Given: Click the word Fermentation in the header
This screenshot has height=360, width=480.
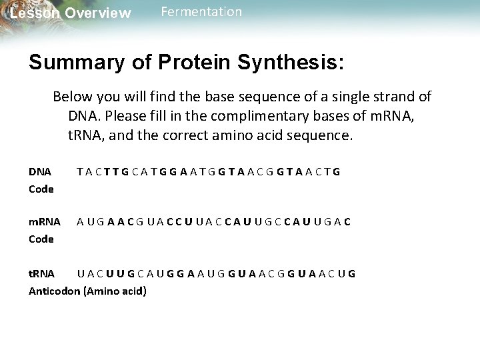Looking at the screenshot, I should tap(201, 12).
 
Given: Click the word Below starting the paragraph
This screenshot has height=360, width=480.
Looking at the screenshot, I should tap(71, 97).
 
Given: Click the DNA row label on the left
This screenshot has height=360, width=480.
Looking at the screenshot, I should tap(40, 171).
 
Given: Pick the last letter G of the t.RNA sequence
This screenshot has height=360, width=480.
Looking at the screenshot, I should tap(351, 273).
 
